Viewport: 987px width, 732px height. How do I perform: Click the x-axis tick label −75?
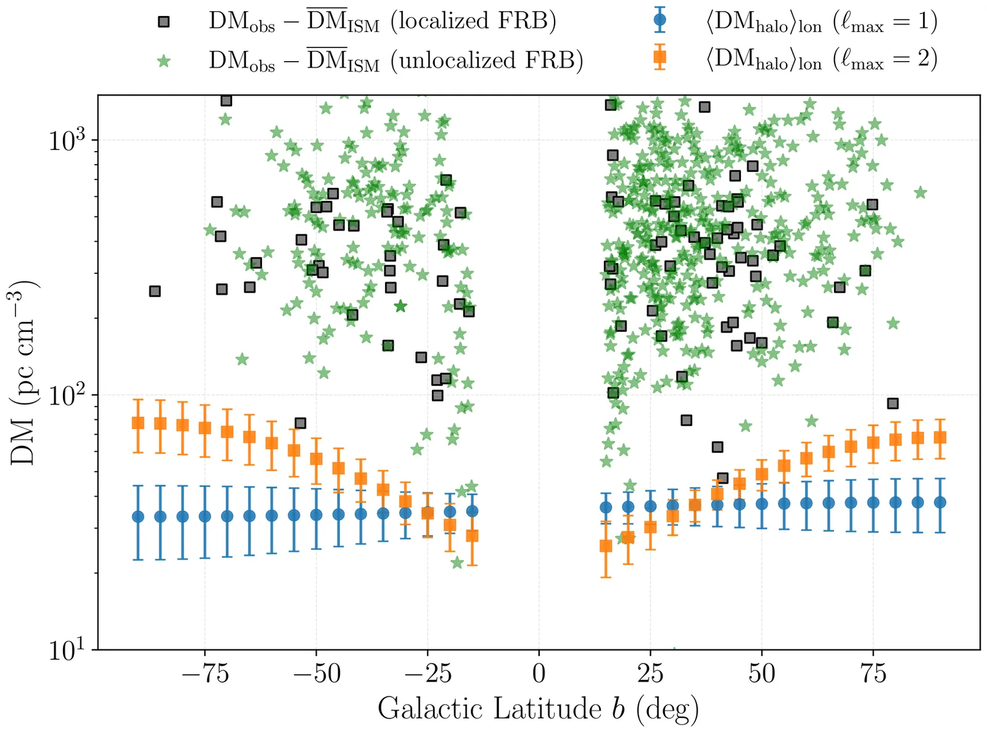pos(205,674)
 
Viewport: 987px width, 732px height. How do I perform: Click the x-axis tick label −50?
pos(316,674)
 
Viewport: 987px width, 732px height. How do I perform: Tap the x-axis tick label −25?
pos(427,674)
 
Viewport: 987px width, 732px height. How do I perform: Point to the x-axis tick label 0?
pos(539,674)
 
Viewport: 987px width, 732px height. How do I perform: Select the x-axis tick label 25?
pos(650,674)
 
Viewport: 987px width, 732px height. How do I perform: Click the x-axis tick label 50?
pos(761,674)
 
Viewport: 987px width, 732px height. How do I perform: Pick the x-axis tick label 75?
pos(873,674)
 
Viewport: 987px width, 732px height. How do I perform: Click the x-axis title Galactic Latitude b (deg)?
pos(539,709)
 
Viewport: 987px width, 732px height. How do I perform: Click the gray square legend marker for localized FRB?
pos(163,22)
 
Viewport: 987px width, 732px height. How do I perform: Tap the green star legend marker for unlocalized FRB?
pos(163,60)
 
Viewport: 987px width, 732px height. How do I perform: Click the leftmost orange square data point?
pos(138,422)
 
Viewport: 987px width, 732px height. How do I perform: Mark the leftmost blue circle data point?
pos(138,516)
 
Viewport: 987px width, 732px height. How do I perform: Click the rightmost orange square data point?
pos(940,437)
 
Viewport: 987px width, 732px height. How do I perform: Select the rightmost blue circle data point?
pos(940,502)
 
